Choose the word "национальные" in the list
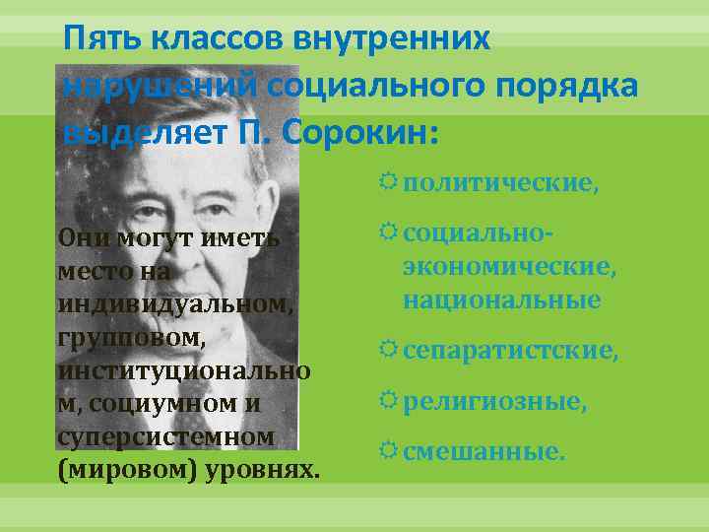(x=501, y=299)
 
